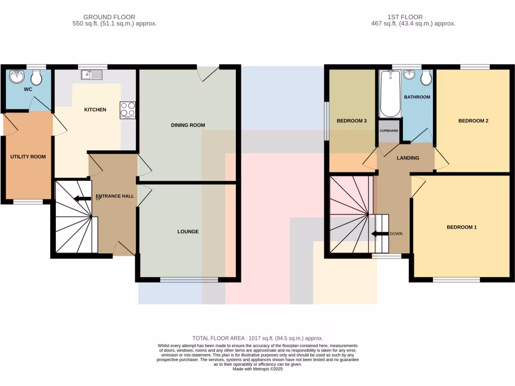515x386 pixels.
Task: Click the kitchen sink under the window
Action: click(x=92, y=75)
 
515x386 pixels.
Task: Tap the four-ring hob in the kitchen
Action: click(x=128, y=110)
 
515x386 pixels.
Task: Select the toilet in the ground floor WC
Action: click(x=36, y=77)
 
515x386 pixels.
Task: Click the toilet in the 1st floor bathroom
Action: click(x=426, y=78)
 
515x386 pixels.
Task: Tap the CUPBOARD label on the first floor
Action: click(x=389, y=131)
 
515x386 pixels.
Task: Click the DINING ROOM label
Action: click(x=188, y=125)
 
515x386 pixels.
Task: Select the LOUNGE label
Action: click(x=188, y=232)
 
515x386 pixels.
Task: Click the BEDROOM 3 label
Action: click(x=352, y=121)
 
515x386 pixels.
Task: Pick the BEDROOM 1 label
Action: click(x=462, y=227)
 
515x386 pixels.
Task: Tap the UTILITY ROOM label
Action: click(x=28, y=157)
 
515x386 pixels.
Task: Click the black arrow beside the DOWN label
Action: click(x=376, y=234)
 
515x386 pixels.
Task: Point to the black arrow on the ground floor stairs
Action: click(x=79, y=198)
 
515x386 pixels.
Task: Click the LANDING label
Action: click(x=408, y=158)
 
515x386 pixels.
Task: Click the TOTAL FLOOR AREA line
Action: click(x=257, y=338)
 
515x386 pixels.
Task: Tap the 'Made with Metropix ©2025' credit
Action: click(x=257, y=369)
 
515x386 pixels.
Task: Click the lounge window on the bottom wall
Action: click(x=189, y=279)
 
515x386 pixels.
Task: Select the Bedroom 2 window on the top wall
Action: click(x=475, y=67)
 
